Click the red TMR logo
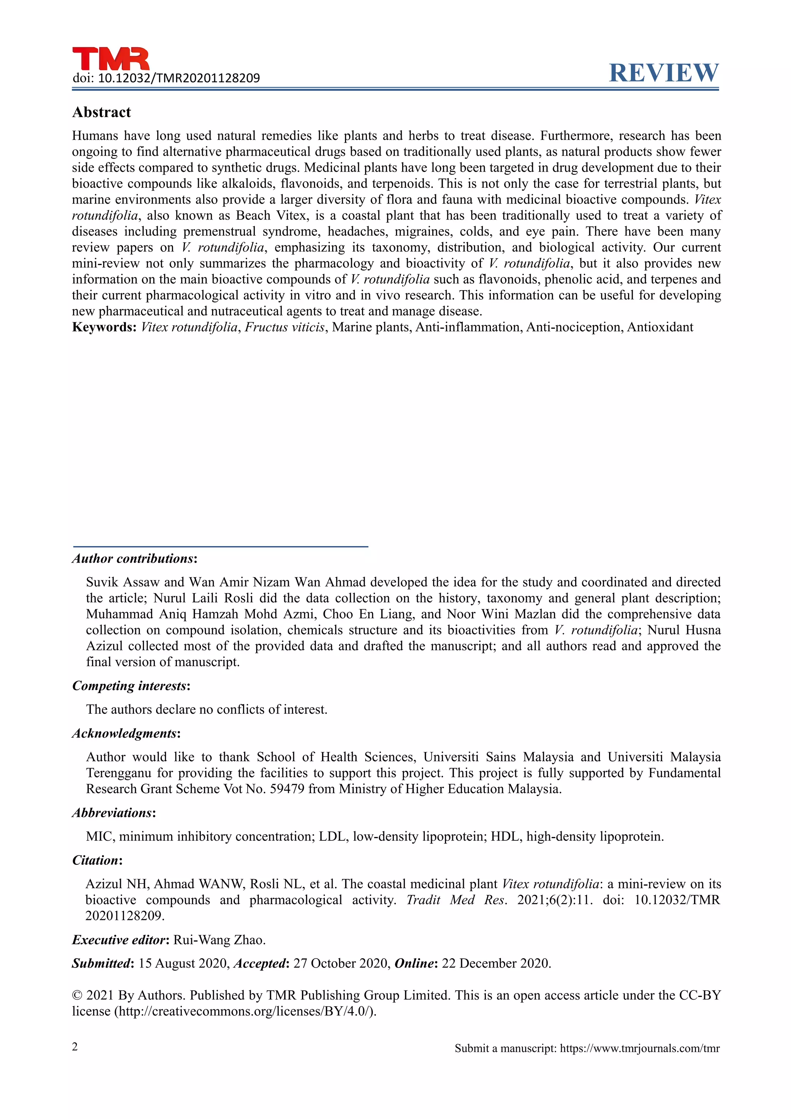tap(111, 59)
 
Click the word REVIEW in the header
tap(664, 73)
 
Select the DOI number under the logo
tap(179, 78)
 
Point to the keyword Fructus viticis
tap(284, 327)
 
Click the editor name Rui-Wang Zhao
tap(219, 940)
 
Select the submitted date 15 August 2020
tap(183, 964)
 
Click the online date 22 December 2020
tap(496, 964)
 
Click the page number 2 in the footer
tap(75, 1047)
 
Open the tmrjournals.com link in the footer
tap(640, 1048)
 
